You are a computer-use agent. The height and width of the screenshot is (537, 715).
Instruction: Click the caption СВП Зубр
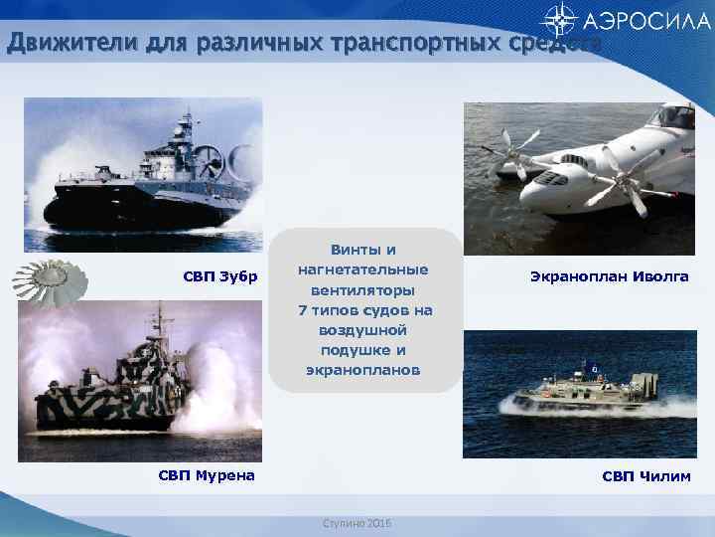pyautogui.click(x=219, y=275)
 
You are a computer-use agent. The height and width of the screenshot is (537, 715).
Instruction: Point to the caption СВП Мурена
pyautogui.click(x=207, y=475)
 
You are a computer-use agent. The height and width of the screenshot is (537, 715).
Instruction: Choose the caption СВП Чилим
pyautogui.click(x=646, y=475)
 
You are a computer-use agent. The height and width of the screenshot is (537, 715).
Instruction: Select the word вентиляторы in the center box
pyautogui.click(x=364, y=289)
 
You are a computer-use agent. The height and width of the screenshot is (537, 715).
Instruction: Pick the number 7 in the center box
pyautogui.click(x=302, y=310)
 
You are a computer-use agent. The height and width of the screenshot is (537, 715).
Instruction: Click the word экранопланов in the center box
pyautogui.click(x=364, y=370)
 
